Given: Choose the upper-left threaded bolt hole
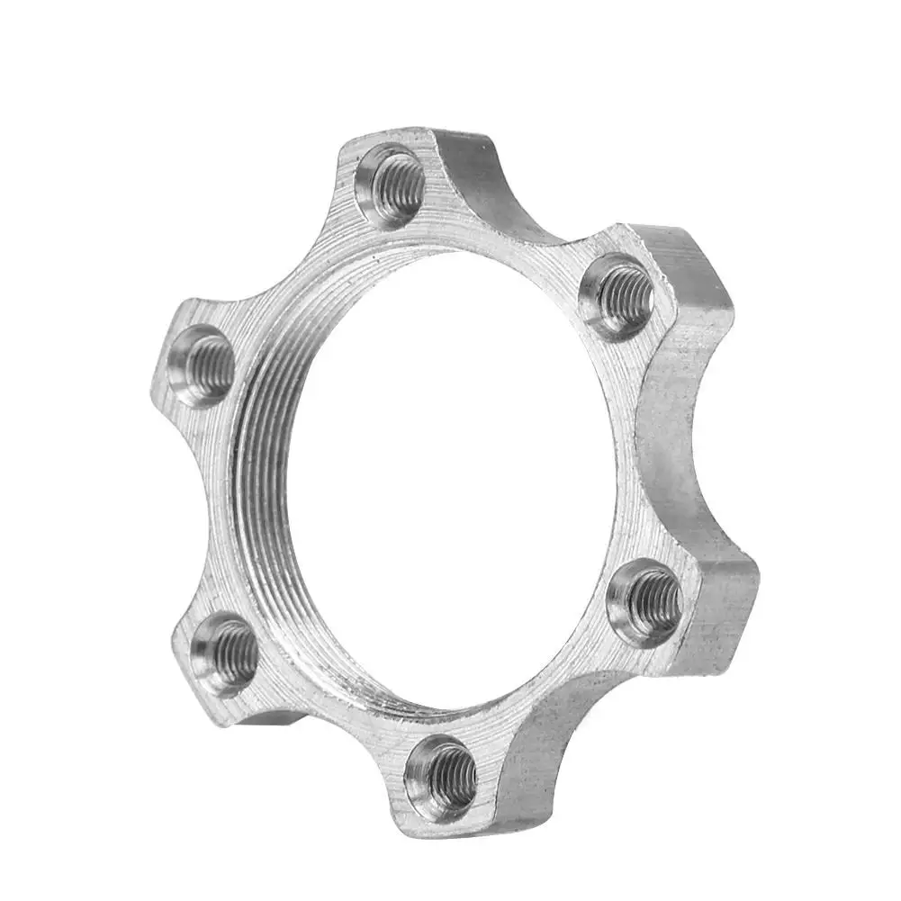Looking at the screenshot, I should click(x=203, y=365).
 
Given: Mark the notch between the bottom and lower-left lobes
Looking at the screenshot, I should click(x=306, y=720).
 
